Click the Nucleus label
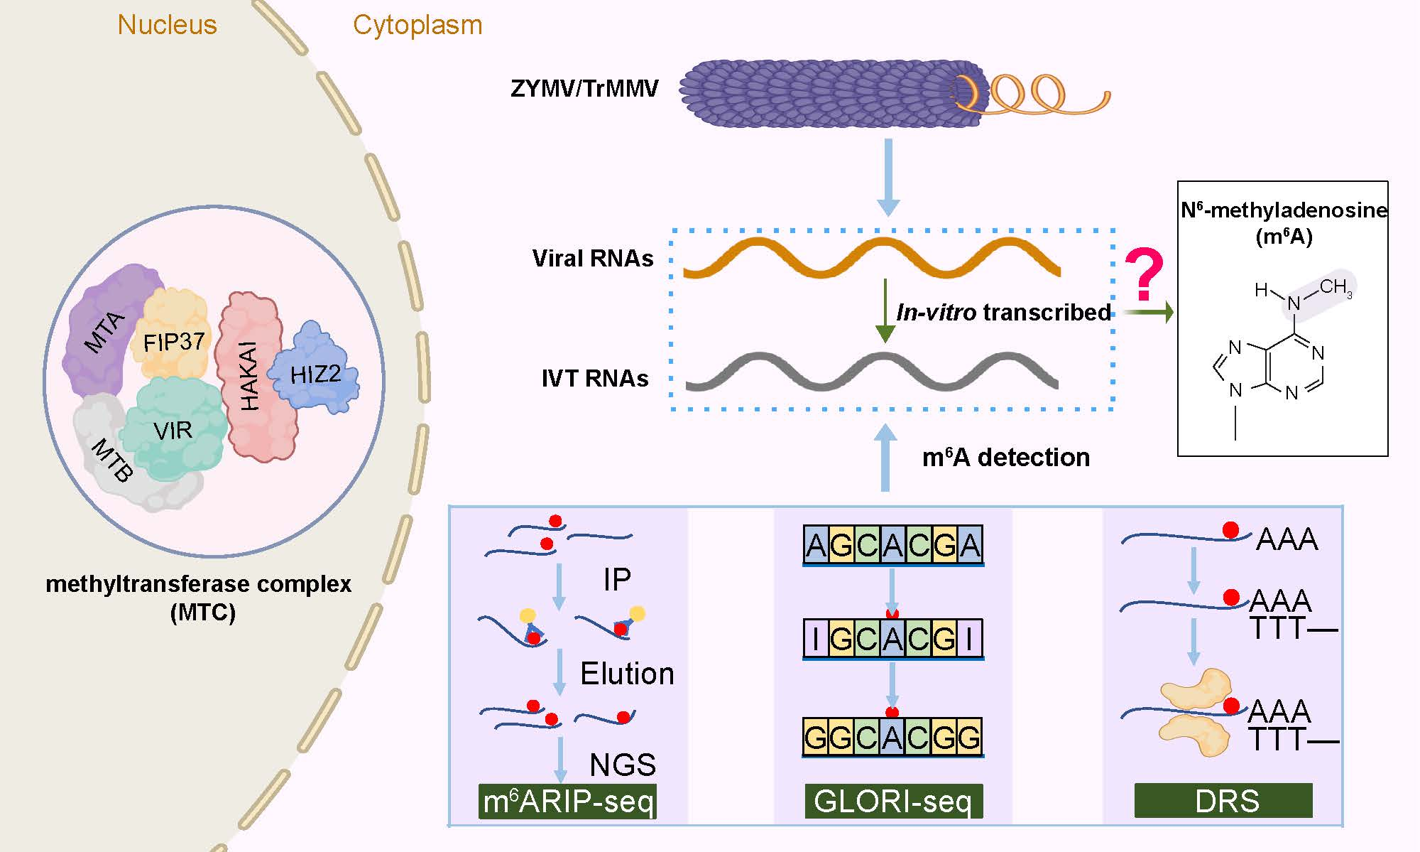167,25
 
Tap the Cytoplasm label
417,25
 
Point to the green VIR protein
174,430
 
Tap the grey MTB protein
114,462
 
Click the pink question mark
1145,274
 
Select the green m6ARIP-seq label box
567,802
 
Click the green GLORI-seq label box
893,802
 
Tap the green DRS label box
1223,802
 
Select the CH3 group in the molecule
1336,287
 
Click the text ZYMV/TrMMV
584,89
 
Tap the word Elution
627,674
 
